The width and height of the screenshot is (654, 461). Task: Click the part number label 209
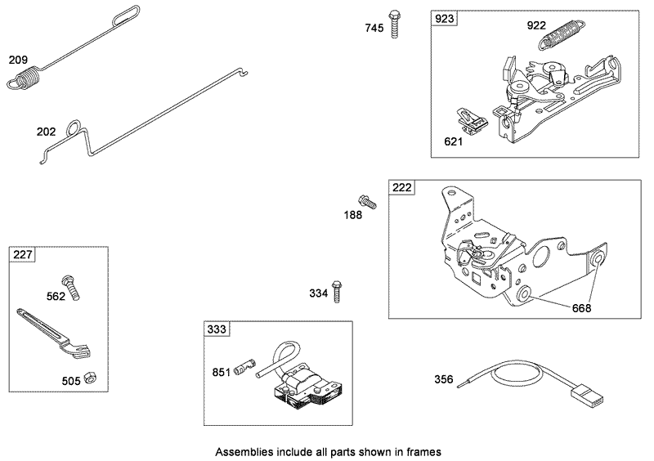[x=18, y=60]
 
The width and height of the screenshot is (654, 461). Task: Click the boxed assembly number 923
[x=445, y=18]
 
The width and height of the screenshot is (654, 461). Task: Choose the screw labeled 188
[x=365, y=200]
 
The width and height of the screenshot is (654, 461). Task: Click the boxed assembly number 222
[x=401, y=187]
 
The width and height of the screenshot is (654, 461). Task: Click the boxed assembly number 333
[x=217, y=330]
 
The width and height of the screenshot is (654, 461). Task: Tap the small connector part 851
[x=244, y=369]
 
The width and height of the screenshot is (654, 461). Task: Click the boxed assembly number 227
[x=23, y=256]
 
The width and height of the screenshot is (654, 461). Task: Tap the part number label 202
[x=46, y=132]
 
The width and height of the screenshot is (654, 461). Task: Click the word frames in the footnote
[x=423, y=450]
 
